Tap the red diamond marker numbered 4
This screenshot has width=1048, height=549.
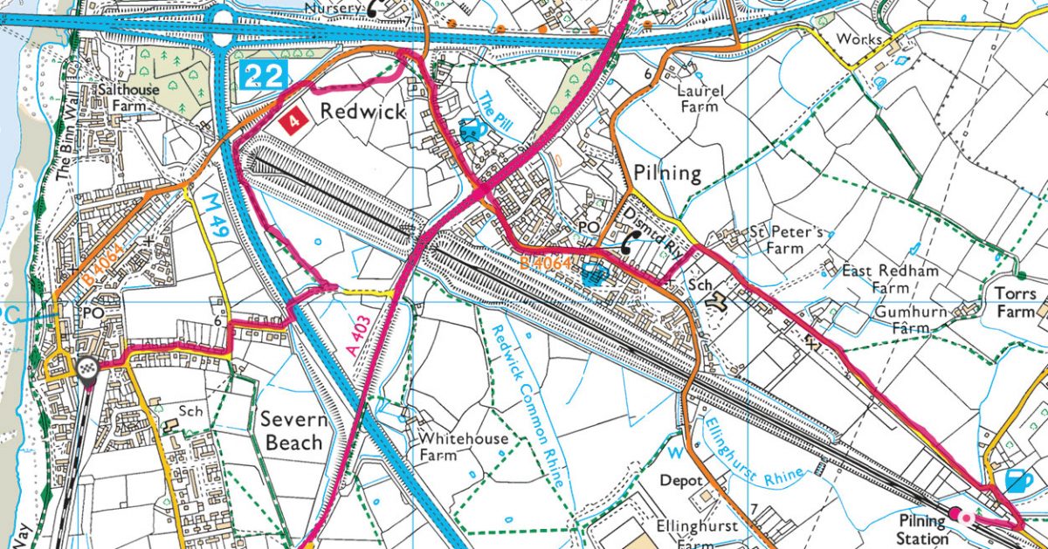[x=294, y=120]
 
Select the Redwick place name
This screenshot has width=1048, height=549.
[x=362, y=112]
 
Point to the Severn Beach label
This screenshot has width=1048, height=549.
[x=295, y=431]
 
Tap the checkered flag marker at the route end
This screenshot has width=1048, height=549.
[x=86, y=367]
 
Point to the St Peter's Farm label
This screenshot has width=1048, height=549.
[x=785, y=240]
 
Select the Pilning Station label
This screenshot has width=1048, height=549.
[x=922, y=530]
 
